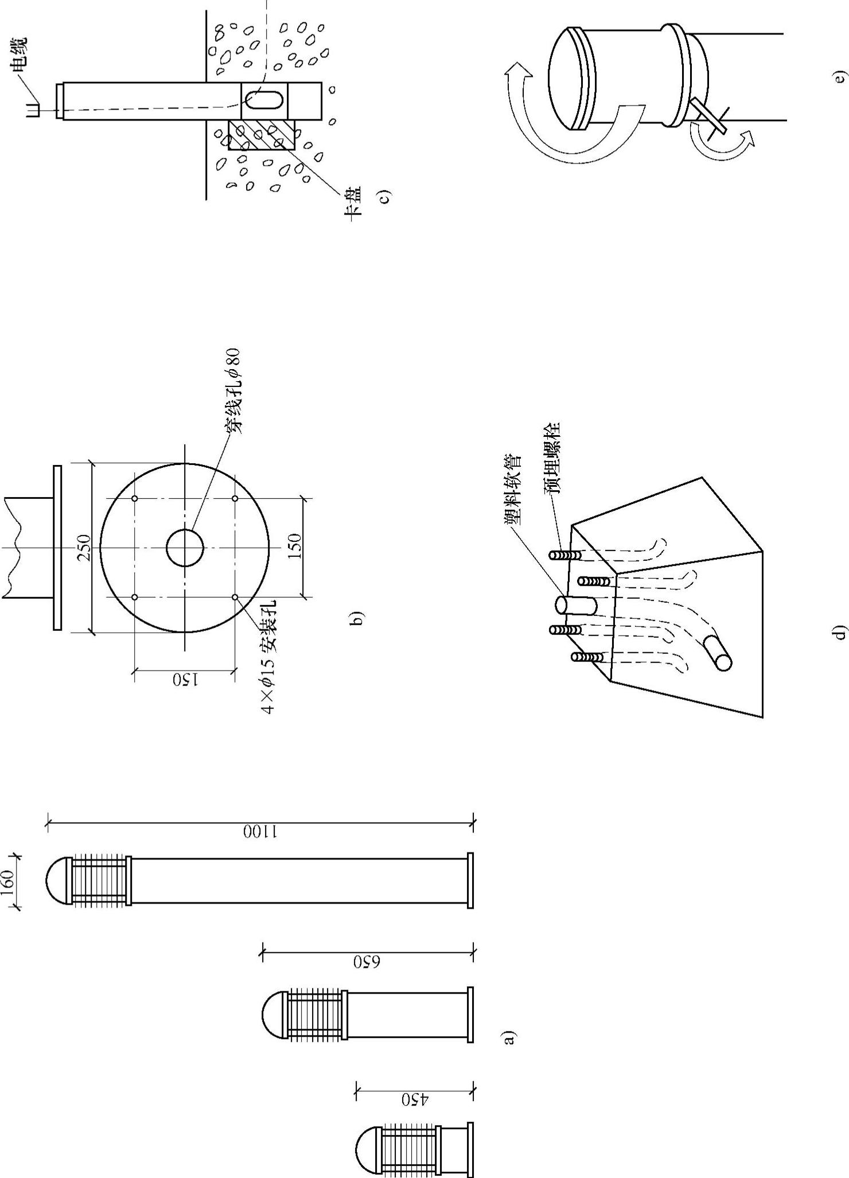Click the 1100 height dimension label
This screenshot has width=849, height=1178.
[x=259, y=832]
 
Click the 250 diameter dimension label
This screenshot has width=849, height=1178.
[x=84, y=548]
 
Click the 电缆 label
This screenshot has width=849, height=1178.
[x=19, y=56]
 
